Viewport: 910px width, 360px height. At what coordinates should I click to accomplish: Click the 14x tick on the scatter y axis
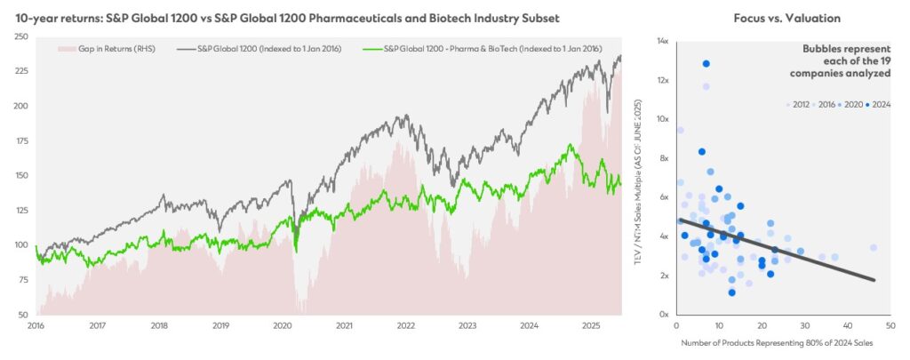point(662,41)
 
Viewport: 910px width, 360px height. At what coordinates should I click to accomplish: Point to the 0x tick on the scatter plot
point(664,315)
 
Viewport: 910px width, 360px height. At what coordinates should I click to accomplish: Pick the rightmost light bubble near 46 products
point(874,248)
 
